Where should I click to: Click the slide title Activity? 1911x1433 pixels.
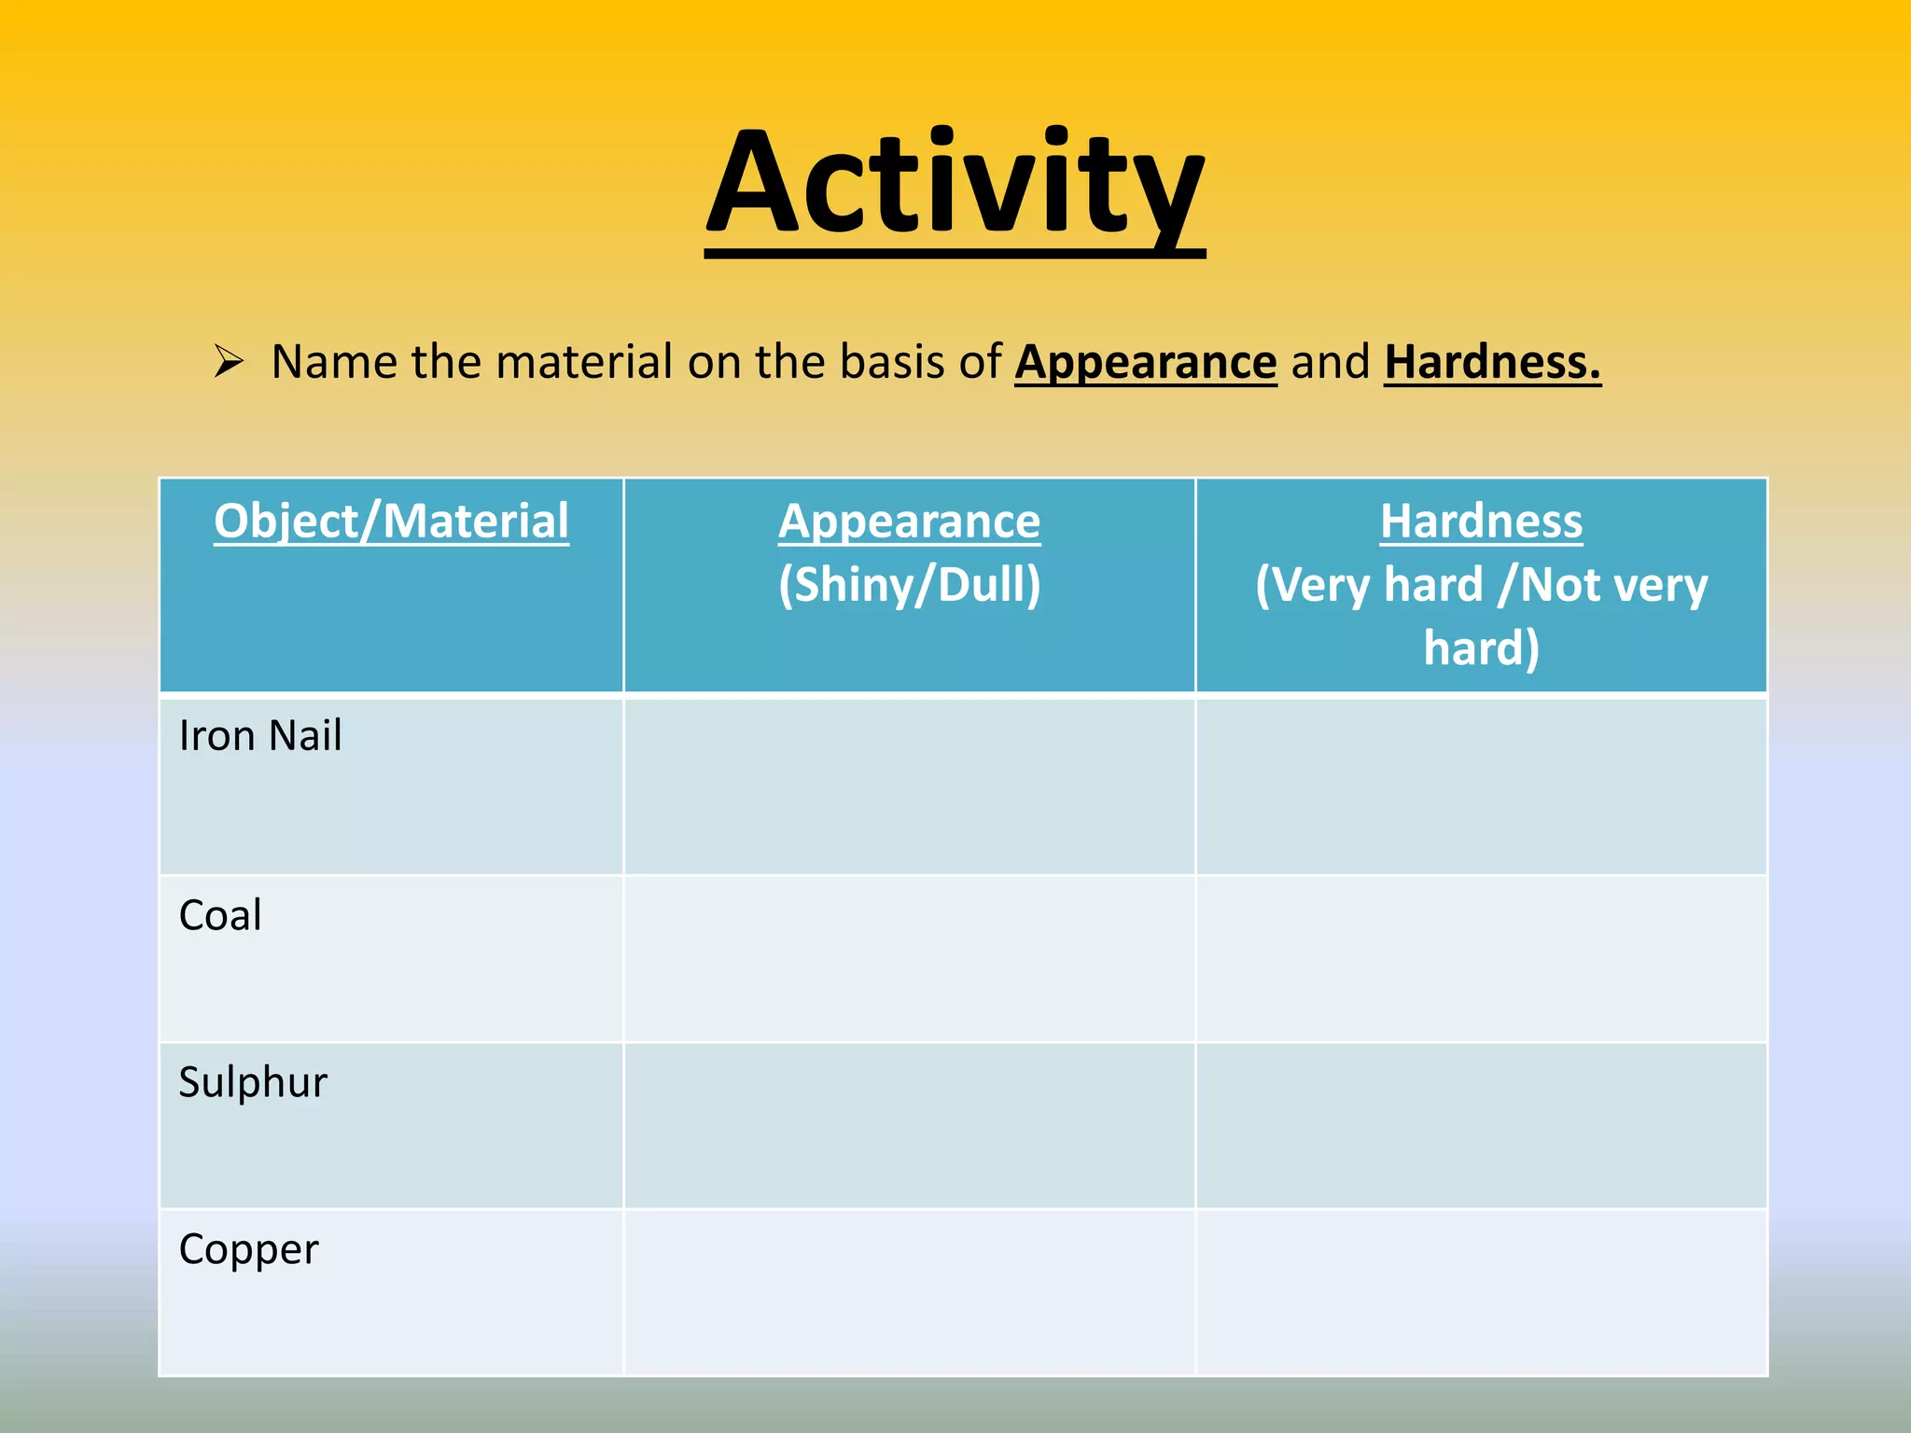point(955,185)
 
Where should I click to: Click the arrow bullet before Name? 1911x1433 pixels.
point(228,361)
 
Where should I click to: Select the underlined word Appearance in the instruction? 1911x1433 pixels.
point(1145,362)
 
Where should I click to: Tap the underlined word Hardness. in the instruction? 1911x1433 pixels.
point(1491,362)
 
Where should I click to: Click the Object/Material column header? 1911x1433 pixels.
point(391,521)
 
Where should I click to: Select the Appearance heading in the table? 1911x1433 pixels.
point(909,521)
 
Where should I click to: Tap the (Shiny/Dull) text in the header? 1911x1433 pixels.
point(909,585)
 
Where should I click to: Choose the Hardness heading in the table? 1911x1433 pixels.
point(1481,521)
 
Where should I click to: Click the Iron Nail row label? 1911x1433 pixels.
point(260,735)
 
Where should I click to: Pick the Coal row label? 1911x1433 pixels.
point(220,915)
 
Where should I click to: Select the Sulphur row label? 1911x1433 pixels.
point(253,1082)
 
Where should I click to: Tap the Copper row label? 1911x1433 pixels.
point(248,1249)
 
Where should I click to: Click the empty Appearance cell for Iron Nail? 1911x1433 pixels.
point(909,786)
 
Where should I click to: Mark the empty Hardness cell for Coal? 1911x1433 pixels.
point(1481,959)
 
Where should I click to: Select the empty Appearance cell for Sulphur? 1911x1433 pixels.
point(909,1125)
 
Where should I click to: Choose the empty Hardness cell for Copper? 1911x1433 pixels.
point(1481,1292)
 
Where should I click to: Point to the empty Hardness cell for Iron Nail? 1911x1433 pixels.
point(1481,786)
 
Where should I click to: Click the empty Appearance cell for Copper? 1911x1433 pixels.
point(909,1292)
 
